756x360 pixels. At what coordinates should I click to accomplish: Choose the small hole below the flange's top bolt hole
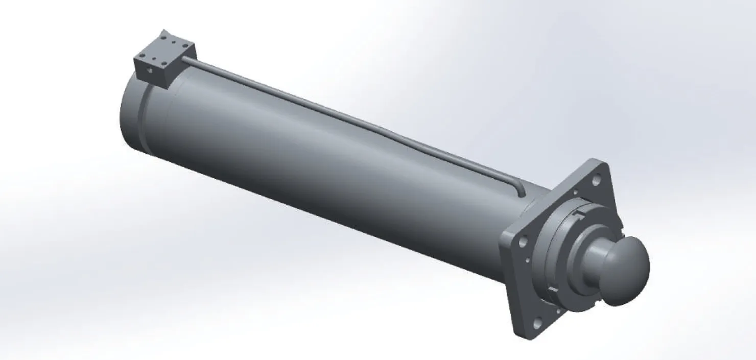pos(576,193)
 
